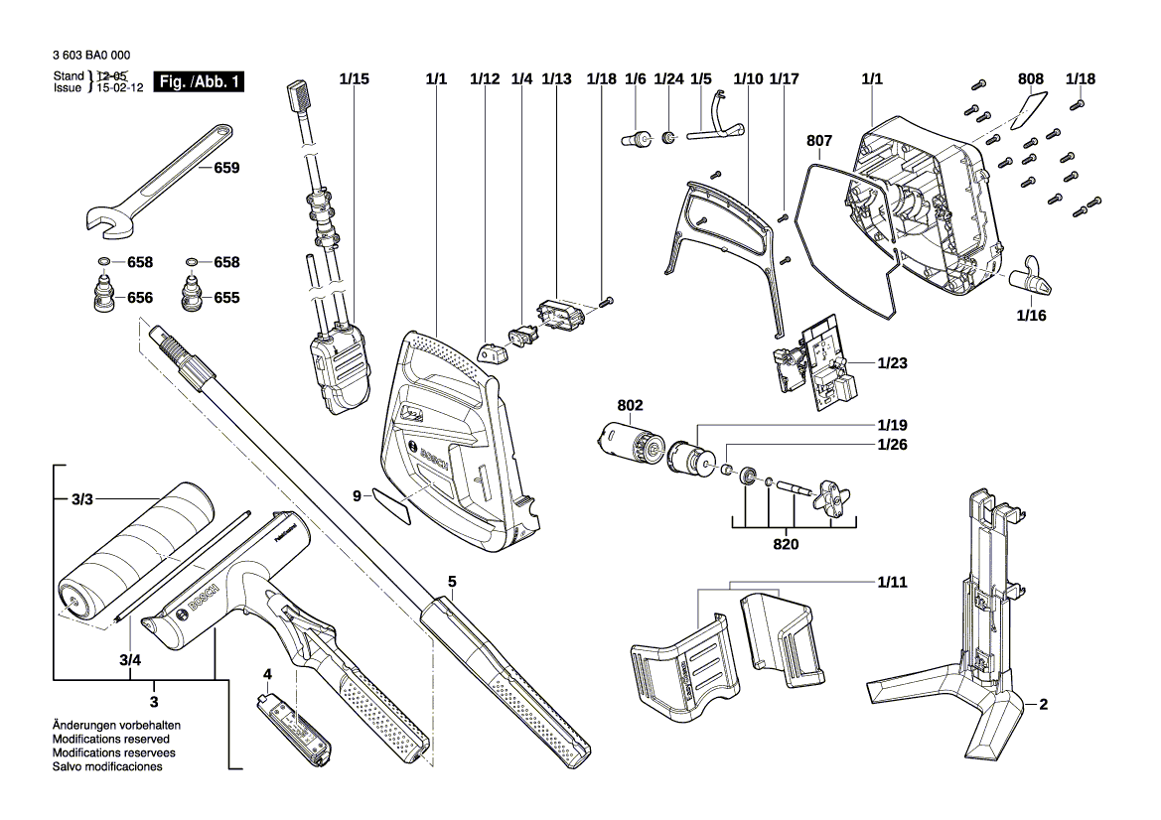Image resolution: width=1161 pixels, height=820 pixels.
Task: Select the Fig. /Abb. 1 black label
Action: pos(200,82)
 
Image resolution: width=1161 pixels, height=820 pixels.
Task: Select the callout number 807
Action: pos(819,141)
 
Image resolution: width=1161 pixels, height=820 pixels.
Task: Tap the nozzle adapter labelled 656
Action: pos(102,297)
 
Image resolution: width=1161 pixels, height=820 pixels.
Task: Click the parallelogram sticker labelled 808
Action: pos(1029,111)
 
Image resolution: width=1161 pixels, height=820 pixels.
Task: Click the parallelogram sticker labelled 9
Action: pos(393,504)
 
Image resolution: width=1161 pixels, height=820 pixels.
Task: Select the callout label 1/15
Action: pos(354,78)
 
